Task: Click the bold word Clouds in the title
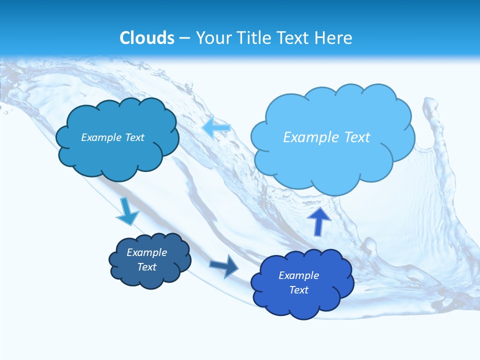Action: click(x=147, y=38)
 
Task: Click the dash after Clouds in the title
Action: click(x=185, y=38)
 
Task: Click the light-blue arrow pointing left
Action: click(x=216, y=128)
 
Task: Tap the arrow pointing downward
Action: click(x=127, y=211)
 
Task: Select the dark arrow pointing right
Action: click(x=224, y=266)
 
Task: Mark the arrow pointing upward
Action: click(x=319, y=221)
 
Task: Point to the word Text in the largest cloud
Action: click(x=356, y=137)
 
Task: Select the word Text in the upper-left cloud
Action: click(x=134, y=137)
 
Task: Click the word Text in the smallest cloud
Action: click(x=147, y=267)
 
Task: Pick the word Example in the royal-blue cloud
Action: click(x=298, y=275)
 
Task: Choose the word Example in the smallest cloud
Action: click(x=146, y=252)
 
